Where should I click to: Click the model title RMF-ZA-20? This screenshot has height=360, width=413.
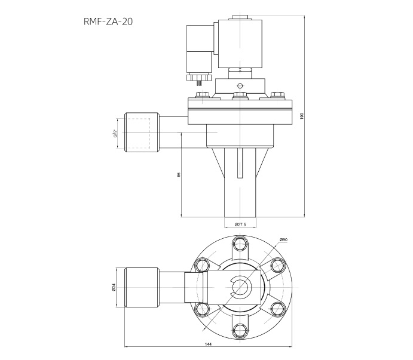click(108, 23)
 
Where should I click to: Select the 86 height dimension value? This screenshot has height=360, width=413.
click(179, 174)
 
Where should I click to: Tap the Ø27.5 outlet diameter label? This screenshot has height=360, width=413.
click(240, 224)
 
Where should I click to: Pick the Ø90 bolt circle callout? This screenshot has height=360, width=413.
click(283, 240)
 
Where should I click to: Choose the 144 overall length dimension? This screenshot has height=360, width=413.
click(208, 345)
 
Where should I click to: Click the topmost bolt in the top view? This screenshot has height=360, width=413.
click(240, 243)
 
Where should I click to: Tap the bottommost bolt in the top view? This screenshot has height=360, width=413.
click(240, 330)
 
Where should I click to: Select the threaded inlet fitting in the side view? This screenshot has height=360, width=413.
click(141, 133)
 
